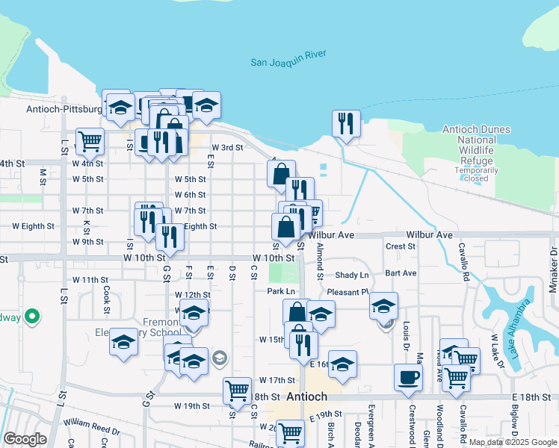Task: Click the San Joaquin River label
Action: coord(288,62)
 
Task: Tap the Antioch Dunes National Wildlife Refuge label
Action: coord(469,145)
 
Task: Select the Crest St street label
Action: coord(401,246)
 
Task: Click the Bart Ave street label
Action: coord(401,273)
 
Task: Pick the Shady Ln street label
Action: coord(352,275)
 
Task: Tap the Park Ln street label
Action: coord(281,291)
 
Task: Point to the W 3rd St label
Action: coord(228,148)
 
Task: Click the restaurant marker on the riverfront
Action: coord(346,123)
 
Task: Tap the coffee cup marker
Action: coord(408,376)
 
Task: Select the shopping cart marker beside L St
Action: coord(90,139)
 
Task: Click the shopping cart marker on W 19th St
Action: coord(237,389)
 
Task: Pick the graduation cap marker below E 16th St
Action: coord(342,364)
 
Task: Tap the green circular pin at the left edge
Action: coord(31,317)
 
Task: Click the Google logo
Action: coord(25,439)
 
